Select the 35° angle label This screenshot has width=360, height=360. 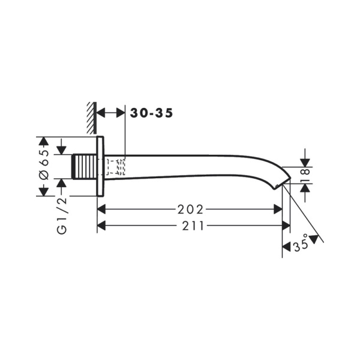tap(301, 245)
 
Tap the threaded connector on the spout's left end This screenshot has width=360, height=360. tap(83, 166)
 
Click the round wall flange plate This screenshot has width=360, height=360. tap(100, 166)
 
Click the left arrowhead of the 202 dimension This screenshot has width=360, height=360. tap(102, 209)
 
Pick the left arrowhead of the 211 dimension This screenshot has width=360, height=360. tap(102, 226)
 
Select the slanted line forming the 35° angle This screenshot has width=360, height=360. tap(303, 213)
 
